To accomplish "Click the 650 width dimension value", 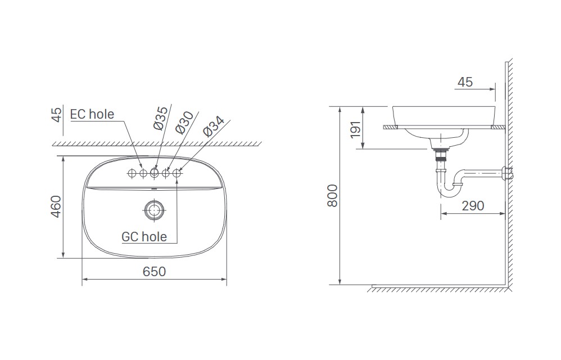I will tap(154, 271).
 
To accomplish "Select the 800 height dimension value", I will tap(332, 195).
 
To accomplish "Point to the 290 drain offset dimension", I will tap(472, 206).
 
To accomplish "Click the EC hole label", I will tap(92, 114).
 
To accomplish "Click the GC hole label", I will tap(144, 236).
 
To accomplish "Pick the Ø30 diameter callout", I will tap(184, 121).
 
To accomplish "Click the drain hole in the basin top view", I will tap(153, 210).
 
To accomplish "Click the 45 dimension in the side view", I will tap(465, 82).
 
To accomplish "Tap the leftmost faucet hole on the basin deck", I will tap(131, 173).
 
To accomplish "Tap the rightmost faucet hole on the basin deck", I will tap(178, 173).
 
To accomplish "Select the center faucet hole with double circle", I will tap(154, 173).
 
